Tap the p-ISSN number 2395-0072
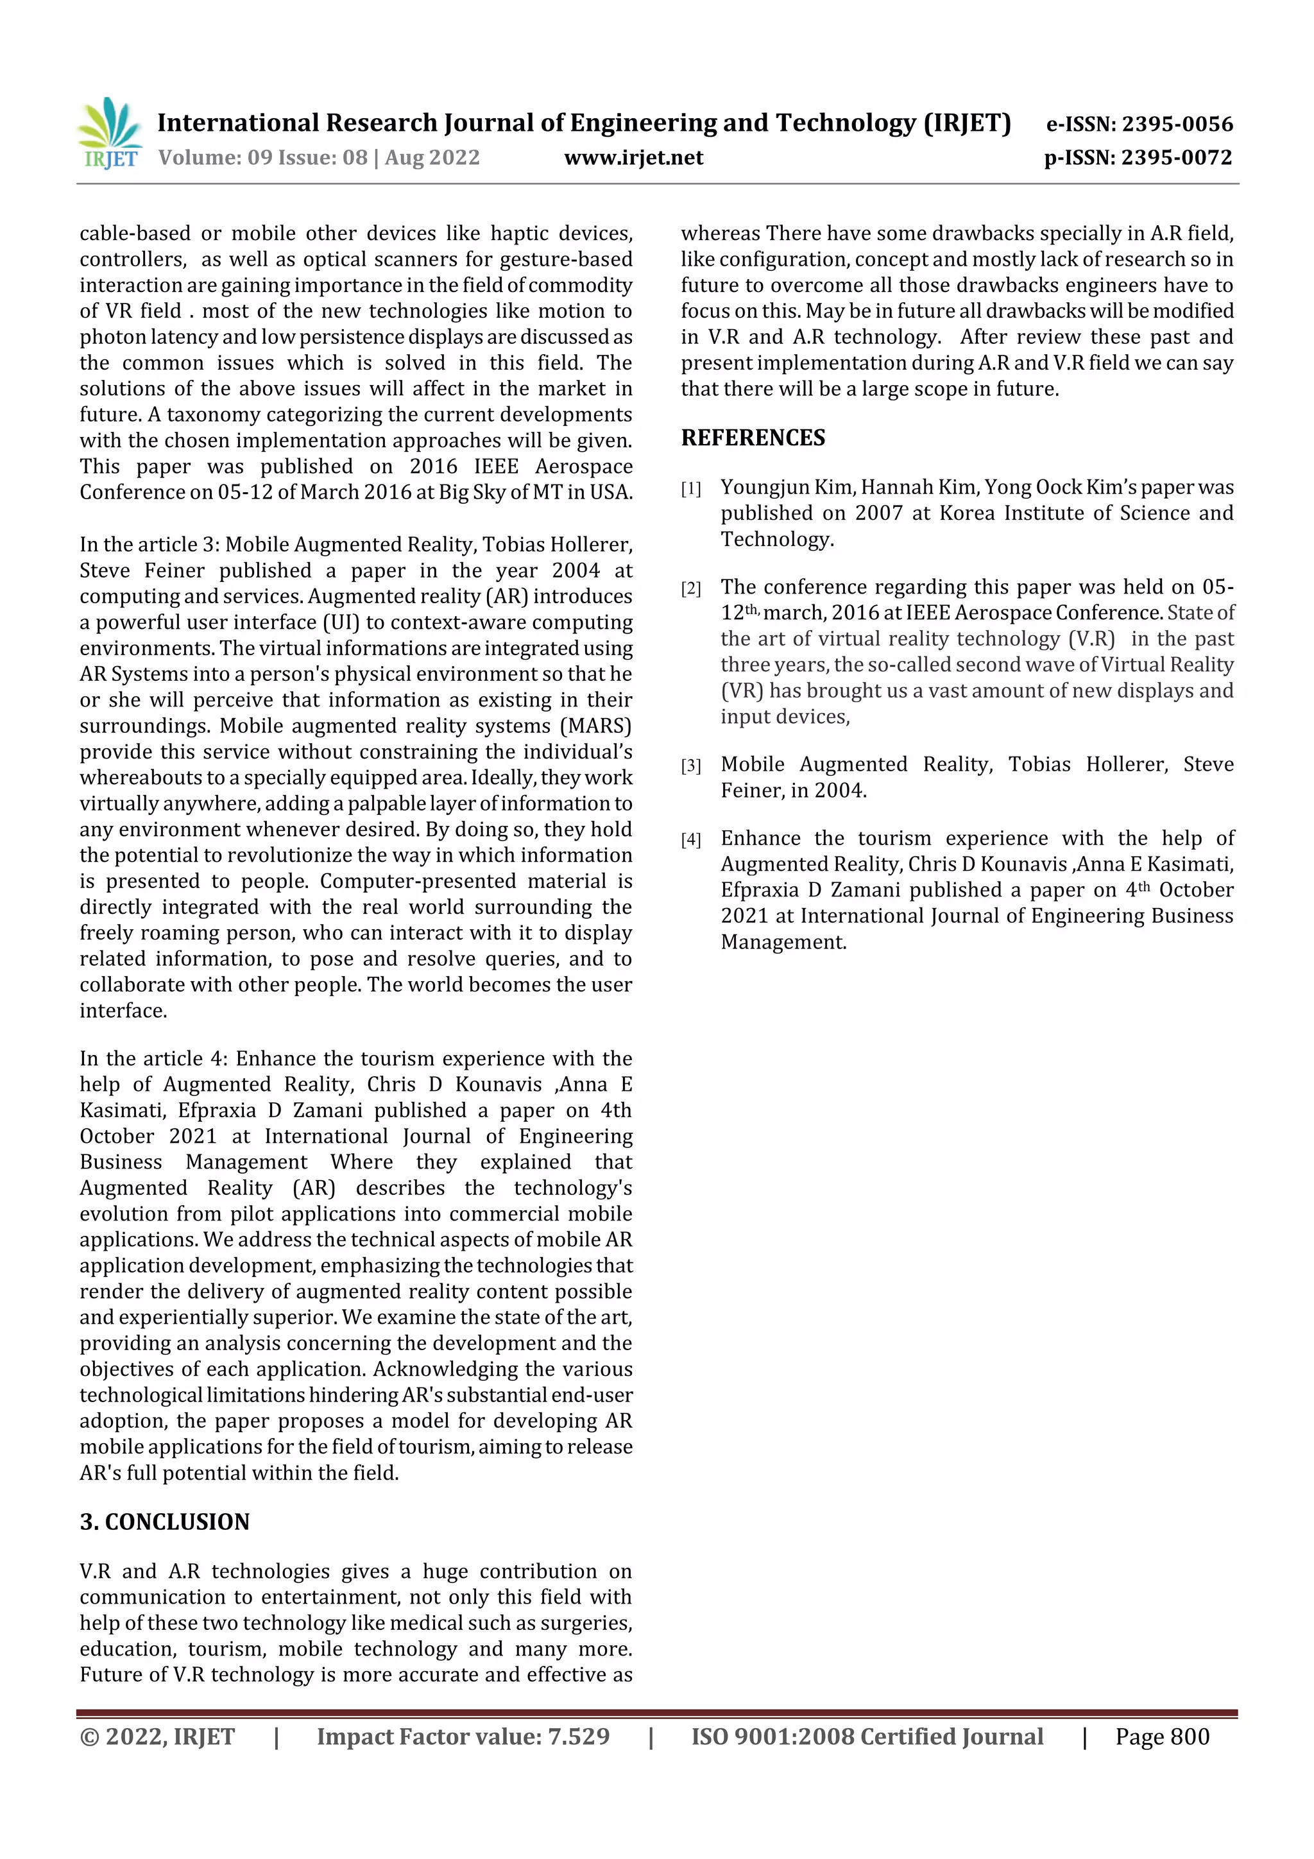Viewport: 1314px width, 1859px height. click(x=1176, y=157)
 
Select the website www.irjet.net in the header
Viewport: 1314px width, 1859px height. click(x=633, y=157)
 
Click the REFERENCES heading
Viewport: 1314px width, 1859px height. click(x=753, y=438)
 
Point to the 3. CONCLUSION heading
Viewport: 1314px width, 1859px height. click(x=164, y=1521)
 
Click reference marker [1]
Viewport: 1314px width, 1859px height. click(x=690, y=489)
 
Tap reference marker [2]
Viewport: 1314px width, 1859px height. click(x=690, y=588)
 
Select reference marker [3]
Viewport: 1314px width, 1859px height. click(x=690, y=766)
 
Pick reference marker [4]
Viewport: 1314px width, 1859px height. click(x=690, y=839)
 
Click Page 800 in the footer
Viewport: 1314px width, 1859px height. click(x=1162, y=1736)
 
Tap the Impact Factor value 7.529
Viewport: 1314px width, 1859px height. click(x=578, y=1736)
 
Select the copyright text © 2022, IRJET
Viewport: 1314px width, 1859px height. click(x=157, y=1736)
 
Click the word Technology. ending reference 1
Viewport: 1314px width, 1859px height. click(x=777, y=539)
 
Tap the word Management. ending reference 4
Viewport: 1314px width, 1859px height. click(x=783, y=941)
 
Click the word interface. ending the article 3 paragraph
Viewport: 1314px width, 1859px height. click(x=123, y=1011)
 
